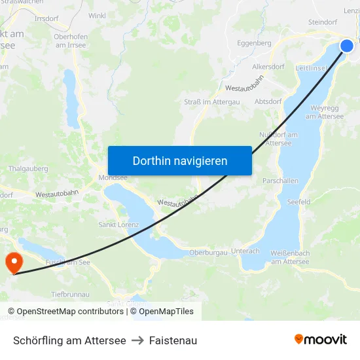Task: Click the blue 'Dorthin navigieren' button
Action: pos(180,160)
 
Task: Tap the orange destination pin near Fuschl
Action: pos(13,262)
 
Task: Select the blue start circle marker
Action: pos(346,45)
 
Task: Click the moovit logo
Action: pos(320,339)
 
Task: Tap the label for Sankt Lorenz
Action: pos(118,225)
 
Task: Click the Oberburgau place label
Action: pos(207,253)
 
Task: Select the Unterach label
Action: pos(245,251)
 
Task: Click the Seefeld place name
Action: pos(298,202)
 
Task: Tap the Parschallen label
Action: pos(280,181)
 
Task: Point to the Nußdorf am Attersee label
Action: pos(279,139)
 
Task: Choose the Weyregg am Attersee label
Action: pos(325,112)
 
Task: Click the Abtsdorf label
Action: pos(268,101)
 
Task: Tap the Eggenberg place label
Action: pos(254,43)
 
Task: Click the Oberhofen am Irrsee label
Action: pos(71,41)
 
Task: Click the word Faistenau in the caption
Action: pos(173,340)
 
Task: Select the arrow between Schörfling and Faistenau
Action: pos(137,340)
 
